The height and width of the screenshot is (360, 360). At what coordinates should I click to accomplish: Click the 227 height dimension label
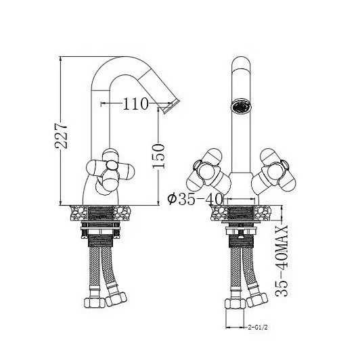pos(61,136)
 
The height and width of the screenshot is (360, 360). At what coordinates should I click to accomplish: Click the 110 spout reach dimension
pos(135,104)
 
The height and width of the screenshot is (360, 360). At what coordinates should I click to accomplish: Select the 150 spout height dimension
pos(158,156)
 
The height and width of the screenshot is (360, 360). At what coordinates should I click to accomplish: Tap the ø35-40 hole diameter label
pos(195,199)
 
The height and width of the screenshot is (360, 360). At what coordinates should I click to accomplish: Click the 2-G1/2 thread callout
pos(258,327)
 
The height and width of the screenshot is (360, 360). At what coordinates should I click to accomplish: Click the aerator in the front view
pos(241,106)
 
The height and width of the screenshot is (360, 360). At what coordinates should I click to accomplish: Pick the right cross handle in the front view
pos(273,171)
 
